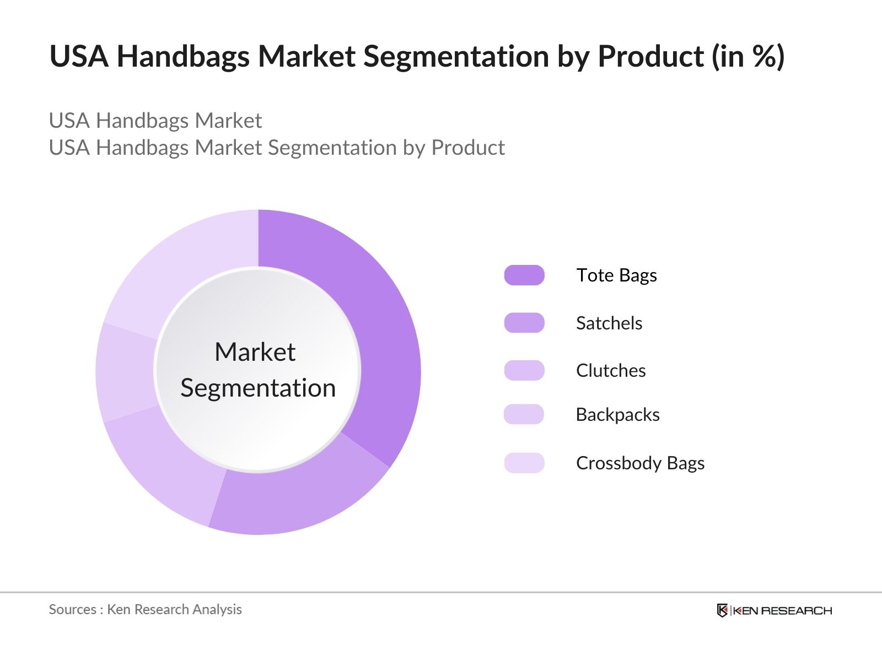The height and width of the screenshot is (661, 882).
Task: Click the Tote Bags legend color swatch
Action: click(524, 275)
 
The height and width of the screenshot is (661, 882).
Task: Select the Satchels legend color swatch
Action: click(524, 323)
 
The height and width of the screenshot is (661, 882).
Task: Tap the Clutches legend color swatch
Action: click(524, 370)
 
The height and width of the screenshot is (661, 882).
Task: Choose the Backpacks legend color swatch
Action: click(524, 414)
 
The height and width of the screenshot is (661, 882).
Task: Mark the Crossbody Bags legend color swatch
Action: click(524, 463)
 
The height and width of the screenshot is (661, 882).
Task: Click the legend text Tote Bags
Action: click(616, 275)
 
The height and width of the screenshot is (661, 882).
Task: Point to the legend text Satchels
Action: click(609, 323)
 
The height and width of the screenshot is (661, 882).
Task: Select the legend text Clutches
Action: click(611, 370)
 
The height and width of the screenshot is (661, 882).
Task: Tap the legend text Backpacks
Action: click(617, 415)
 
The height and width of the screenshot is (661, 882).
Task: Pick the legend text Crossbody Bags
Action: click(640, 463)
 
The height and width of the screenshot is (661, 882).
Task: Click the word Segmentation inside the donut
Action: click(258, 388)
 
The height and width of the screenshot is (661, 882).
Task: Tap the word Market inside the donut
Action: click(255, 352)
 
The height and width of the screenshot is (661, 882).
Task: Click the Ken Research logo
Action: click(775, 610)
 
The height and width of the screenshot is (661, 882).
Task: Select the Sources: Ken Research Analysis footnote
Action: click(145, 609)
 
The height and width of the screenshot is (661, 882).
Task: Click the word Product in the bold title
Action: click(650, 56)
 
